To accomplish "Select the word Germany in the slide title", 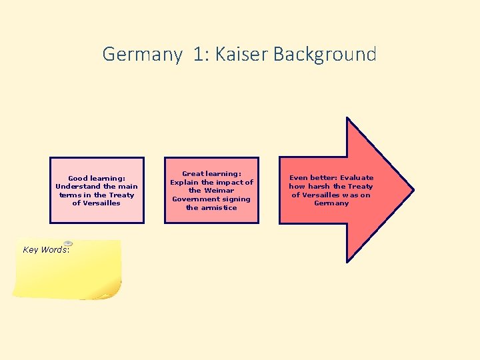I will (x=142, y=54).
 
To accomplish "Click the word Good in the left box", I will (x=78, y=179).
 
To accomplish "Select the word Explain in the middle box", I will (x=185, y=182).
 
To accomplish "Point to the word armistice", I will (x=221, y=208).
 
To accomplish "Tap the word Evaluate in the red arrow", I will (x=357, y=178).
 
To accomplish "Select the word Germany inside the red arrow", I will (x=331, y=203).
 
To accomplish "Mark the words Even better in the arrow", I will (x=306, y=178).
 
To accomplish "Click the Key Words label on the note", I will (x=46, y=250).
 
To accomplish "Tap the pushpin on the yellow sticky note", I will (x=68, y=244).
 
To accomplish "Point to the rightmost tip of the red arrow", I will (x=413, y=190).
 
